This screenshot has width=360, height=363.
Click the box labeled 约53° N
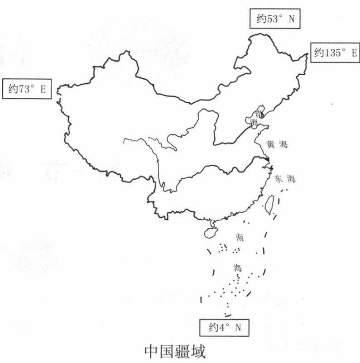[276, 19]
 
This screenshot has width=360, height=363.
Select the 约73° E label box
[27, 89]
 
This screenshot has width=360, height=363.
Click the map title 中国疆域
[175, 352]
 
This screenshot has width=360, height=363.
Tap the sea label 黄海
[277, 145]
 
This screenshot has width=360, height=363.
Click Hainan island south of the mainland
[211, 232]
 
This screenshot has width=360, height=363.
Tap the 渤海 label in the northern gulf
[256, 116]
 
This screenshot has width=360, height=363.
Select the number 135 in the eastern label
[333, 53]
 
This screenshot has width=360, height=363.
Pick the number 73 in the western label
[24, 89]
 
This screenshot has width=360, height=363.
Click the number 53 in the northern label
[274, 19]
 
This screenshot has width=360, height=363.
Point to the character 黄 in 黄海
[271, 145]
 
